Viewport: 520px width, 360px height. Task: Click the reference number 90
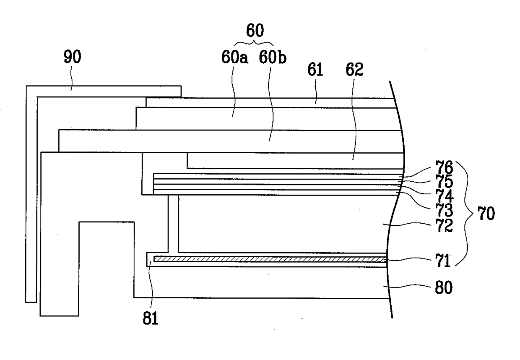73,57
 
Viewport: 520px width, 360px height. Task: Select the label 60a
235,57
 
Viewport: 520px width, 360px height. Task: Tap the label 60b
273,57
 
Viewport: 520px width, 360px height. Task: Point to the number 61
315,69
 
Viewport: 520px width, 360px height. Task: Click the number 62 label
354,69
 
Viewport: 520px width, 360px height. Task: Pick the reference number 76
444,167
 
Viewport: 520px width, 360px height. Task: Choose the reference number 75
444,181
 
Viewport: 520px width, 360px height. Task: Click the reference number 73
444,210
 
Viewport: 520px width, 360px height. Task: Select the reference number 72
444,225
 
